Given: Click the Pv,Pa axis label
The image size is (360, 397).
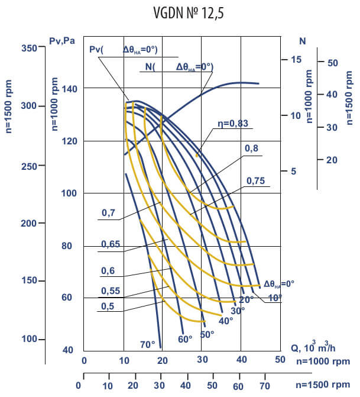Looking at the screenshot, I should tap(61, 40).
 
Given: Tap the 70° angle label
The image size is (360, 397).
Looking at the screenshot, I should tap(148, 344).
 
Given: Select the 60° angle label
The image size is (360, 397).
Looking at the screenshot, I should tap(185, 340).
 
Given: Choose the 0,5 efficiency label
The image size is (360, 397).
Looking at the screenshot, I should tap(109, 306).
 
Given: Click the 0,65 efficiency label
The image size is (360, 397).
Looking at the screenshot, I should tap(112, 244).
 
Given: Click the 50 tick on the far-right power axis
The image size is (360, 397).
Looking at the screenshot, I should tap(332, 62).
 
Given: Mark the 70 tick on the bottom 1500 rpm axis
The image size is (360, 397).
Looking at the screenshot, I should tap(264, 385).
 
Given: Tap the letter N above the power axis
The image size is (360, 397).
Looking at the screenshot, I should tap(302, 41).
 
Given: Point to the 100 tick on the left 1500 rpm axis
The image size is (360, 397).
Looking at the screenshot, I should tap(28, 339).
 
